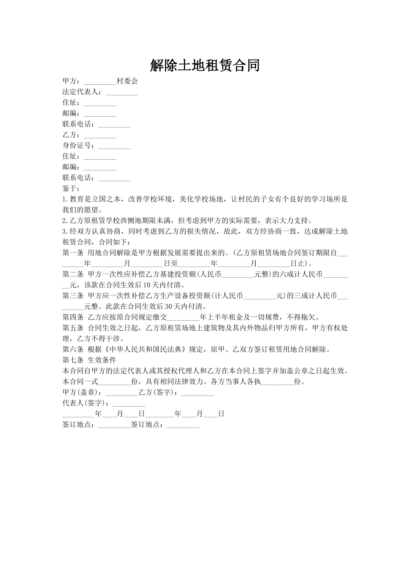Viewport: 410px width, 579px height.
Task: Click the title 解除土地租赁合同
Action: coord(205,65)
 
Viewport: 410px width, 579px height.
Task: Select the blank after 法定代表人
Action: coord(122,92)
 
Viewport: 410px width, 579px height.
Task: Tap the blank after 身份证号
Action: coord(114,146)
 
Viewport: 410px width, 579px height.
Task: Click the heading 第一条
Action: coord(73,253)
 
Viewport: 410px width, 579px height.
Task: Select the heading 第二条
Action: coord(73,275)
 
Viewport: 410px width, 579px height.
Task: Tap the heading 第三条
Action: coord(73,296)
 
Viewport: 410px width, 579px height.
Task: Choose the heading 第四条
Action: coord(73,317)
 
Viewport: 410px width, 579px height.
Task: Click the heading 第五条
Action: coord(73,328)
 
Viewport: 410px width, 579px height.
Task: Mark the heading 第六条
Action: coord(73,350)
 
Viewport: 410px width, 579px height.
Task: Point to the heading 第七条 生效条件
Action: coord(89,360)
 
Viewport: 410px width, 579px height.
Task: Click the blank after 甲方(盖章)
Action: coord(122,393)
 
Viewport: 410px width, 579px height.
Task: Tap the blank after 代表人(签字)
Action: coord(129,403)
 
